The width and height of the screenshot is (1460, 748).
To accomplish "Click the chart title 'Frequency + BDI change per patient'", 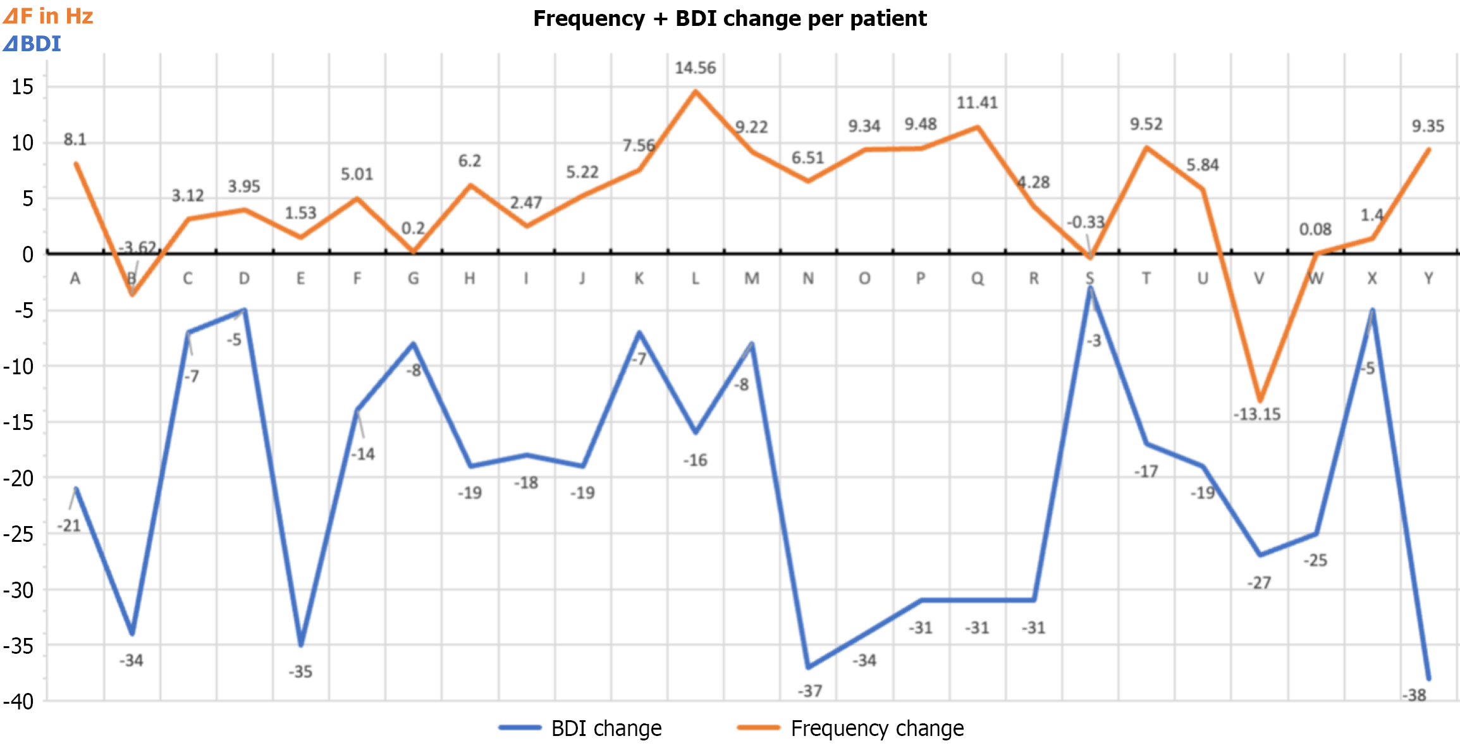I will coord(730,18).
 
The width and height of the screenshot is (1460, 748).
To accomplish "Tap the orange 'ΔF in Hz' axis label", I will coord(48,16).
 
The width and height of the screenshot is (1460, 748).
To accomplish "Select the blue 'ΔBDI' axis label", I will coord(32,44).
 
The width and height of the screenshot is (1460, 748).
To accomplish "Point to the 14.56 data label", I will coord(695,68).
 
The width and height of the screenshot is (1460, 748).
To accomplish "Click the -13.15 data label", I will coord(1256,414).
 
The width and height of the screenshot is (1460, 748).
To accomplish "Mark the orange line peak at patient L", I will coord(696,92).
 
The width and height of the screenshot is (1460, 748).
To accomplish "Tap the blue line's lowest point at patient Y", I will coord(1428,678).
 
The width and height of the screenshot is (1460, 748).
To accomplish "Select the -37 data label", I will coord(809,690).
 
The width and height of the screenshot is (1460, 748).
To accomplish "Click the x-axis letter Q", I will coord(977,278).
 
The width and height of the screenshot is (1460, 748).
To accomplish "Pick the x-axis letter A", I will coord(75,278).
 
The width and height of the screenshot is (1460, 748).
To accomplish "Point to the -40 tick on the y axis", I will coord(18,701).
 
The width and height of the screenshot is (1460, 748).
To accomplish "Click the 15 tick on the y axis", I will coord(22,87).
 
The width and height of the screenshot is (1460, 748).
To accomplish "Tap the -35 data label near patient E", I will coord(300,671).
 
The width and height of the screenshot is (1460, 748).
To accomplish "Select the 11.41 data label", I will coord(976,102).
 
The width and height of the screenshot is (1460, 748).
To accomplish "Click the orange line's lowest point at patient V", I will coord(1260,400).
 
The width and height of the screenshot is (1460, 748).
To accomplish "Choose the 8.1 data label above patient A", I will coord(75,139).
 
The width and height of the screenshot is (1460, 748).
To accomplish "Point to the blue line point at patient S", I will coord(1090,288).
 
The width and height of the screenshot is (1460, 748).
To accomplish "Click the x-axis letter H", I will coord(469,278).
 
